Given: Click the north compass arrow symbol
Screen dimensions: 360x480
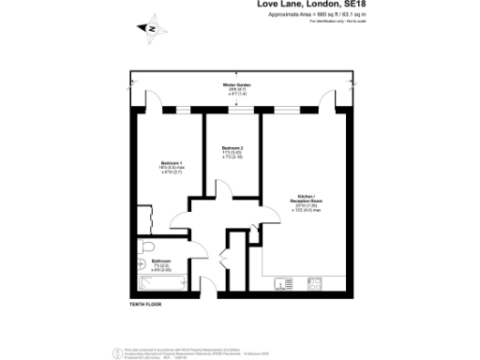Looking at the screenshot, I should point(150,28).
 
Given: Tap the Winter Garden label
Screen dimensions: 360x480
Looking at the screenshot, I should point(235,89).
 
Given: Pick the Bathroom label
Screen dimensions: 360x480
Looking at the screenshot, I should point(162,263).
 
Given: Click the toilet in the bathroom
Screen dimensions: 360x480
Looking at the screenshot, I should point(142,247).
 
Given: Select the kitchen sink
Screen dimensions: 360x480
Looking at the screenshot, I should point(287,283).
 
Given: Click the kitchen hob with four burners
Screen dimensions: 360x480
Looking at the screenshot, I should point(317,283).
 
